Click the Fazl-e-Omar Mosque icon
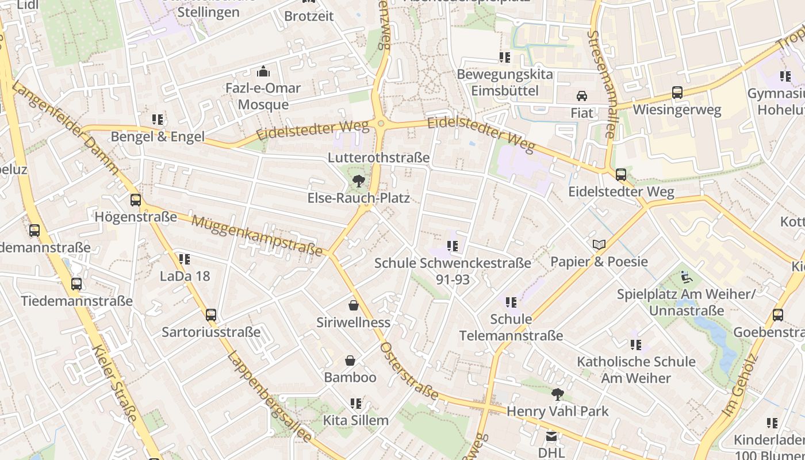[x=263, y=71]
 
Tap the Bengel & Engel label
[x=158, y=136]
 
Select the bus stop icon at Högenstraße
[x=136, y=200]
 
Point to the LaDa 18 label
[x=185, y=276]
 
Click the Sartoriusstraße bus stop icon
[x=211, y=315]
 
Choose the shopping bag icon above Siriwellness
[x=354, y=305]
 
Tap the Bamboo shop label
[x=350, y=377]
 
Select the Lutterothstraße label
[x=379, y=158]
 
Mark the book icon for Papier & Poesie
[x=599, y=245]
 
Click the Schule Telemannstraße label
[x=511, y=327]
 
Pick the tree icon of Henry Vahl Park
[x=557, y=394]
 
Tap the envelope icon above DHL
[x=551, y=436]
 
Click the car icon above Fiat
[x=582, y=96]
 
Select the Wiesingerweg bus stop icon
[x=677, y=93]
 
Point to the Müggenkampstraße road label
[x=257, y=236]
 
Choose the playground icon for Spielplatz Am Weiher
[x=687, y=277]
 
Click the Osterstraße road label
[x=409, y=371]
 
